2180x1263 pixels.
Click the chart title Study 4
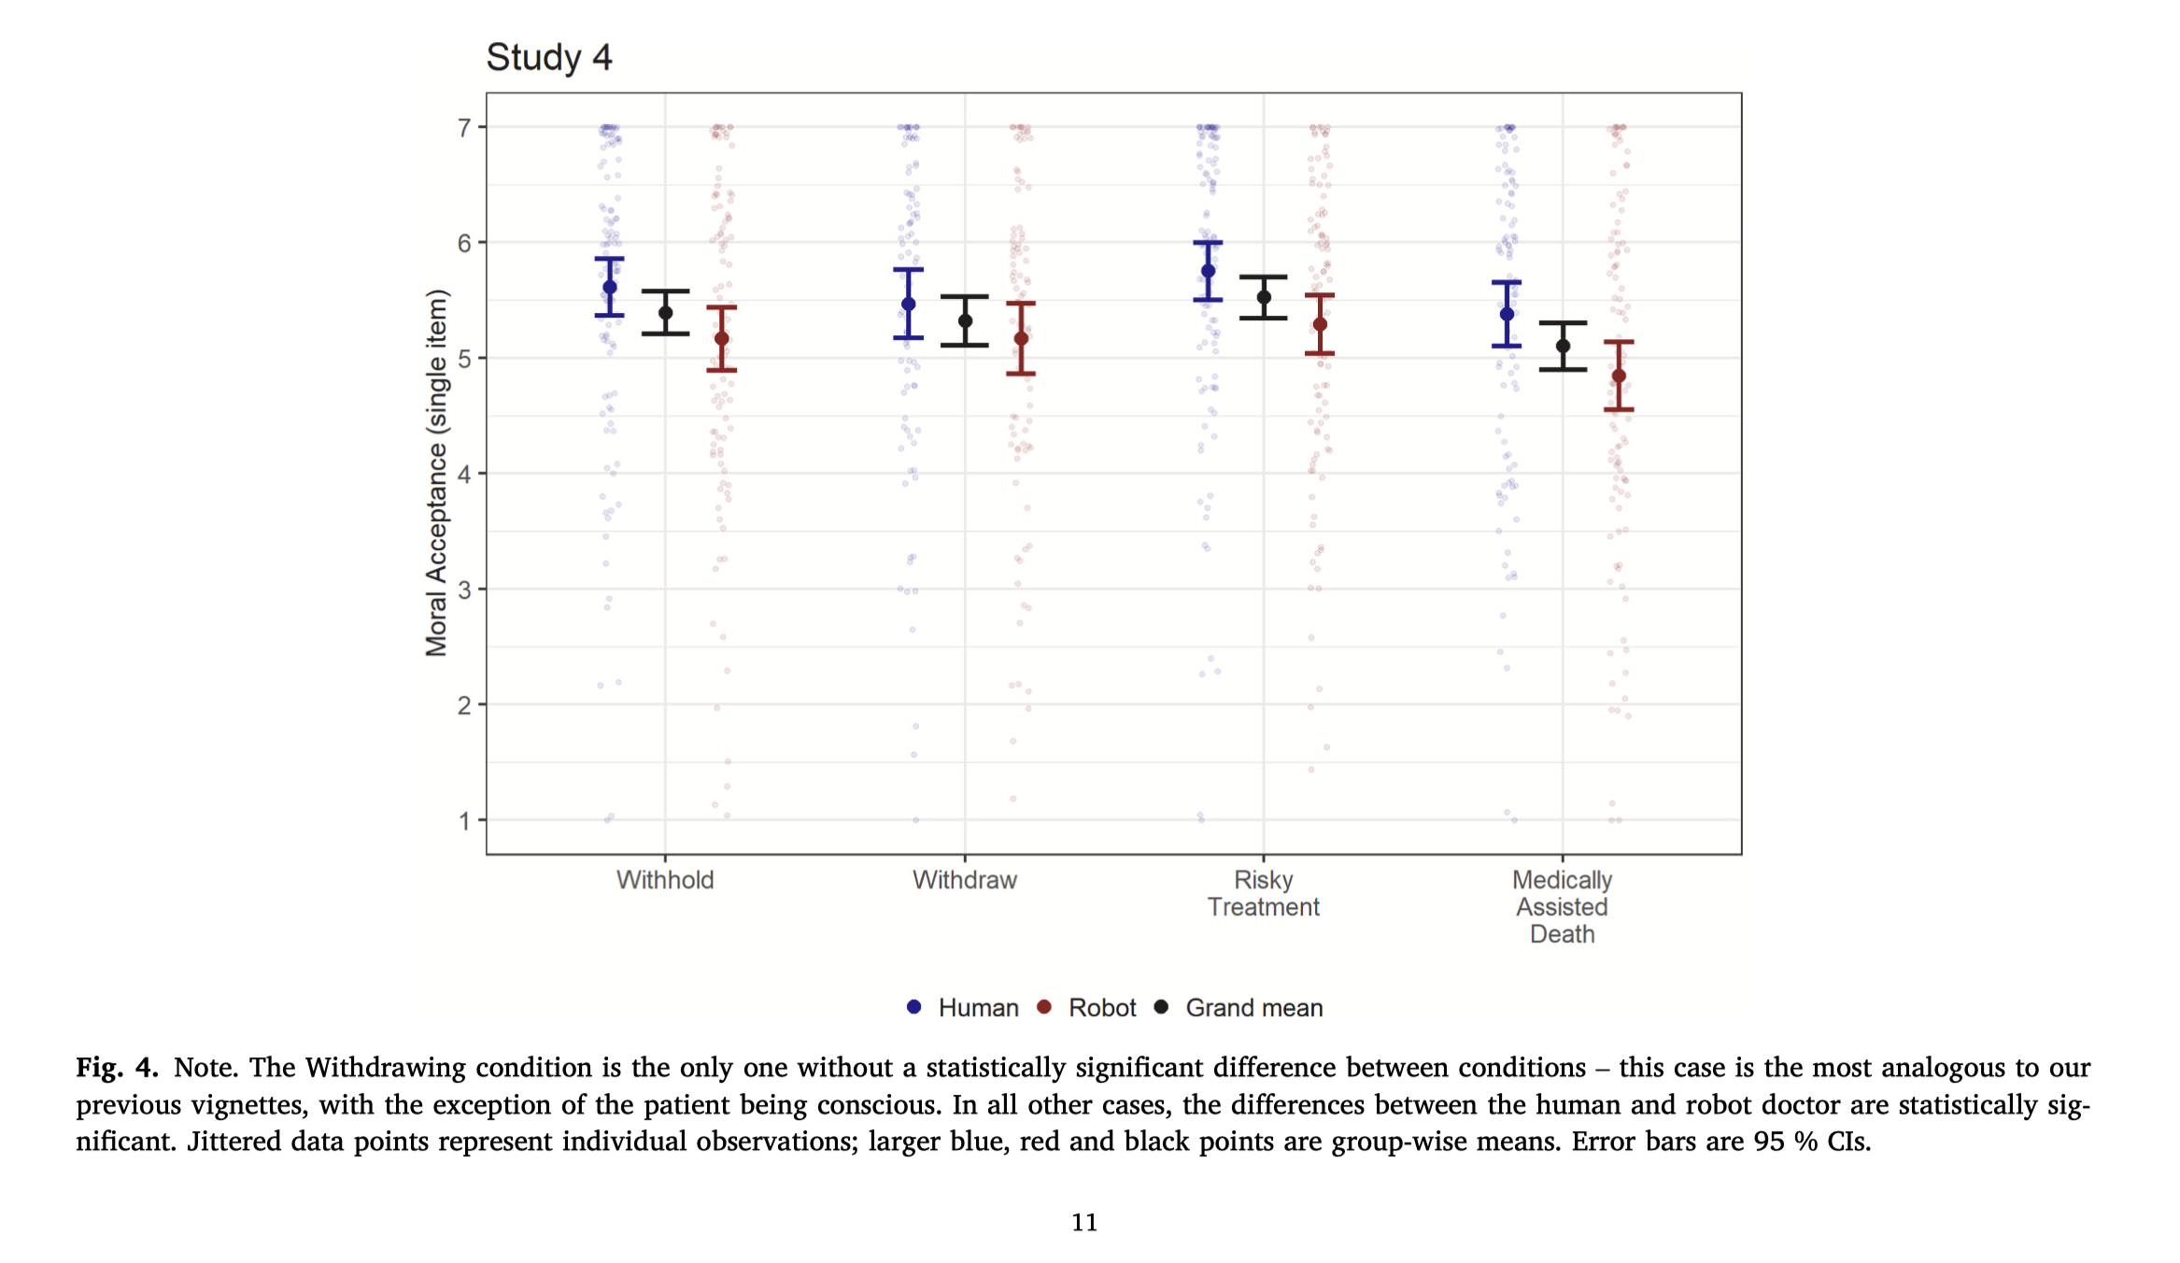(x=548, y=58)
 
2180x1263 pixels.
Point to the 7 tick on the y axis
(x=464, y=127)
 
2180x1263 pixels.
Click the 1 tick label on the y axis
(x=464, y=821)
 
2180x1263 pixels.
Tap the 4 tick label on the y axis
(x=464, y=474)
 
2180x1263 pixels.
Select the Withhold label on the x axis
(x=665, y=880)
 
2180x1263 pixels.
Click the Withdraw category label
(x=964, y=880)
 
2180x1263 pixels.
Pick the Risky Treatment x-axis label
(x=1263, y=893)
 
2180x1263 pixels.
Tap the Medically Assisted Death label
(x=1562, y=906)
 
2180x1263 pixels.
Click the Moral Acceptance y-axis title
(x=436, y=473)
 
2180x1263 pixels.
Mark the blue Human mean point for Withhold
(x=610, y=288)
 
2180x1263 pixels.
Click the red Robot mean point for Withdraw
(x=1021, y=339)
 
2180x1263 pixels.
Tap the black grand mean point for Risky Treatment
(x=1264, y=298)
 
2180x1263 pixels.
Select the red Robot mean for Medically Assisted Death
(x=1619, y=376)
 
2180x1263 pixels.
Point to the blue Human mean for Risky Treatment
(x=1208, y=271)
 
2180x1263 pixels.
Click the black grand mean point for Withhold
(x=666, y=313)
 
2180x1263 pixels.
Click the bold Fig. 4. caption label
(x=117, y=1068)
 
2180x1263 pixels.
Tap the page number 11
(x=1083, y=1222)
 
